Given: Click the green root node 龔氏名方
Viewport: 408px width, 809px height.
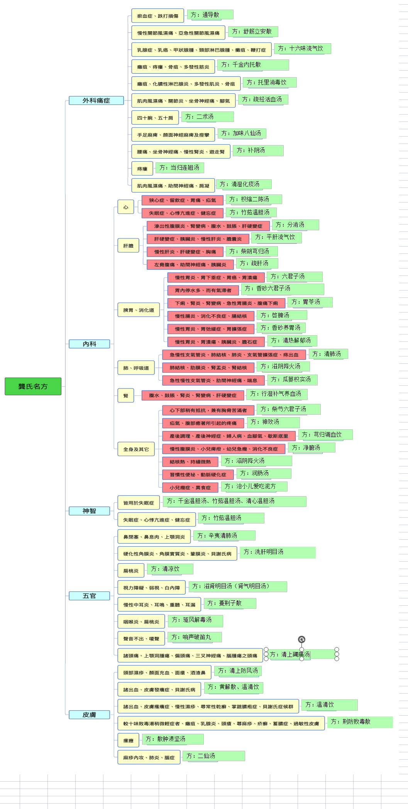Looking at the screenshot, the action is [33, 386].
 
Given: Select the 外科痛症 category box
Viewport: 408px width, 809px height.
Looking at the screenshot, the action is [96, 101].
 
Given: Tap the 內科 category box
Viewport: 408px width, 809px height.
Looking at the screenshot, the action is [89, 344].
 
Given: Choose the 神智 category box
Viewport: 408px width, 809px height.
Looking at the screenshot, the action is [89, 511].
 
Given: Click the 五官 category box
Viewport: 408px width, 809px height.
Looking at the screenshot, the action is [89, 596].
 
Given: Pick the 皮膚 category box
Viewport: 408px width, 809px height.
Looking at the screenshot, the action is [89, 714].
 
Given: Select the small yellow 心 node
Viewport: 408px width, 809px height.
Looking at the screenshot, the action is [126, 207].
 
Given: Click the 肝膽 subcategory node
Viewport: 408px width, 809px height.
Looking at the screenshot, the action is [129, 245].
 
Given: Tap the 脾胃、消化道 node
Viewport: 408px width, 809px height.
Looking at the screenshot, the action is [139, 310].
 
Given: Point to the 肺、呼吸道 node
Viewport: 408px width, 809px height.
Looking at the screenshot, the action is [136, 368].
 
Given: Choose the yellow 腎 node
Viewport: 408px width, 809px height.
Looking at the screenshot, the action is [126, 395].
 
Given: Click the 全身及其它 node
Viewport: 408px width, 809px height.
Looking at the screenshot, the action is [136, 449].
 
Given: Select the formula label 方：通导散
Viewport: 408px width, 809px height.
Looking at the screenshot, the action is [210, 15].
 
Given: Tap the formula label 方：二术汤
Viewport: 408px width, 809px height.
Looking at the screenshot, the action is [208, 117].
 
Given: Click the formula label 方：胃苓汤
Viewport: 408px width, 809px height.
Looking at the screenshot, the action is [310, 302].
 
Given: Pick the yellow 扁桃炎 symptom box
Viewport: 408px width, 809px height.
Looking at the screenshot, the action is [131, 571].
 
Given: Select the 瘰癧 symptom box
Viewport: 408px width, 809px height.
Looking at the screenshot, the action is [129, 740].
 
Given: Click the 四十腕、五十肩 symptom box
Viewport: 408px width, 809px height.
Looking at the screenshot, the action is [155, 118].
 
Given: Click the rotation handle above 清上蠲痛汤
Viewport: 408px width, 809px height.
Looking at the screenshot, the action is [301, 640].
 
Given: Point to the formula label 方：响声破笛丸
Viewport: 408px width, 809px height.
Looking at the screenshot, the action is [195, 637].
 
